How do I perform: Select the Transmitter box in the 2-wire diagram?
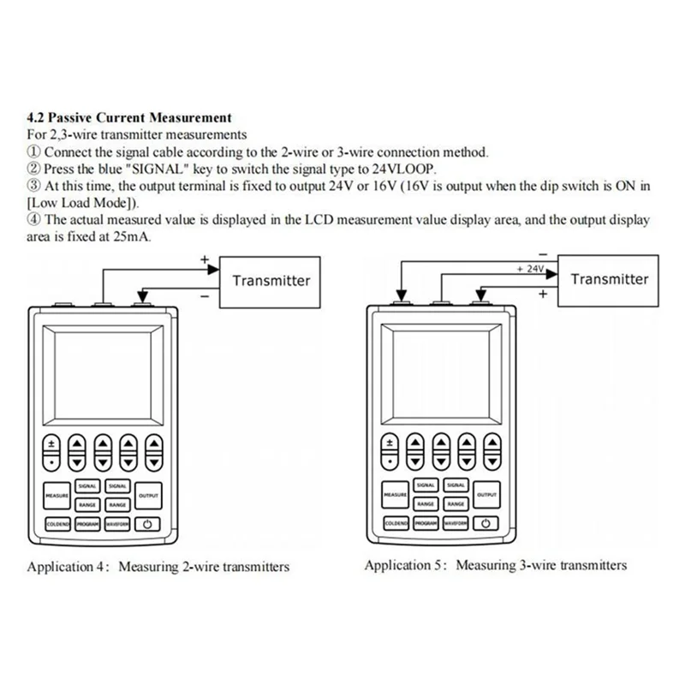click(x=271, y=280)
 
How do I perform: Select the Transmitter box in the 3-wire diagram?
click(x=610, y=279)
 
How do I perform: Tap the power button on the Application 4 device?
click(x=146, y=524)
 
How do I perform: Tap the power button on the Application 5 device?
click(x=485, y=523)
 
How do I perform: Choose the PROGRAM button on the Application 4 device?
click(x=87, y=524)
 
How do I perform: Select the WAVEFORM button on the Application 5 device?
click(x=455, y=523)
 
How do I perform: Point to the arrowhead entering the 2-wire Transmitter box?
click(x=214, y=268)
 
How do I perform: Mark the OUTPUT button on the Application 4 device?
click(x=149, y=495)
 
